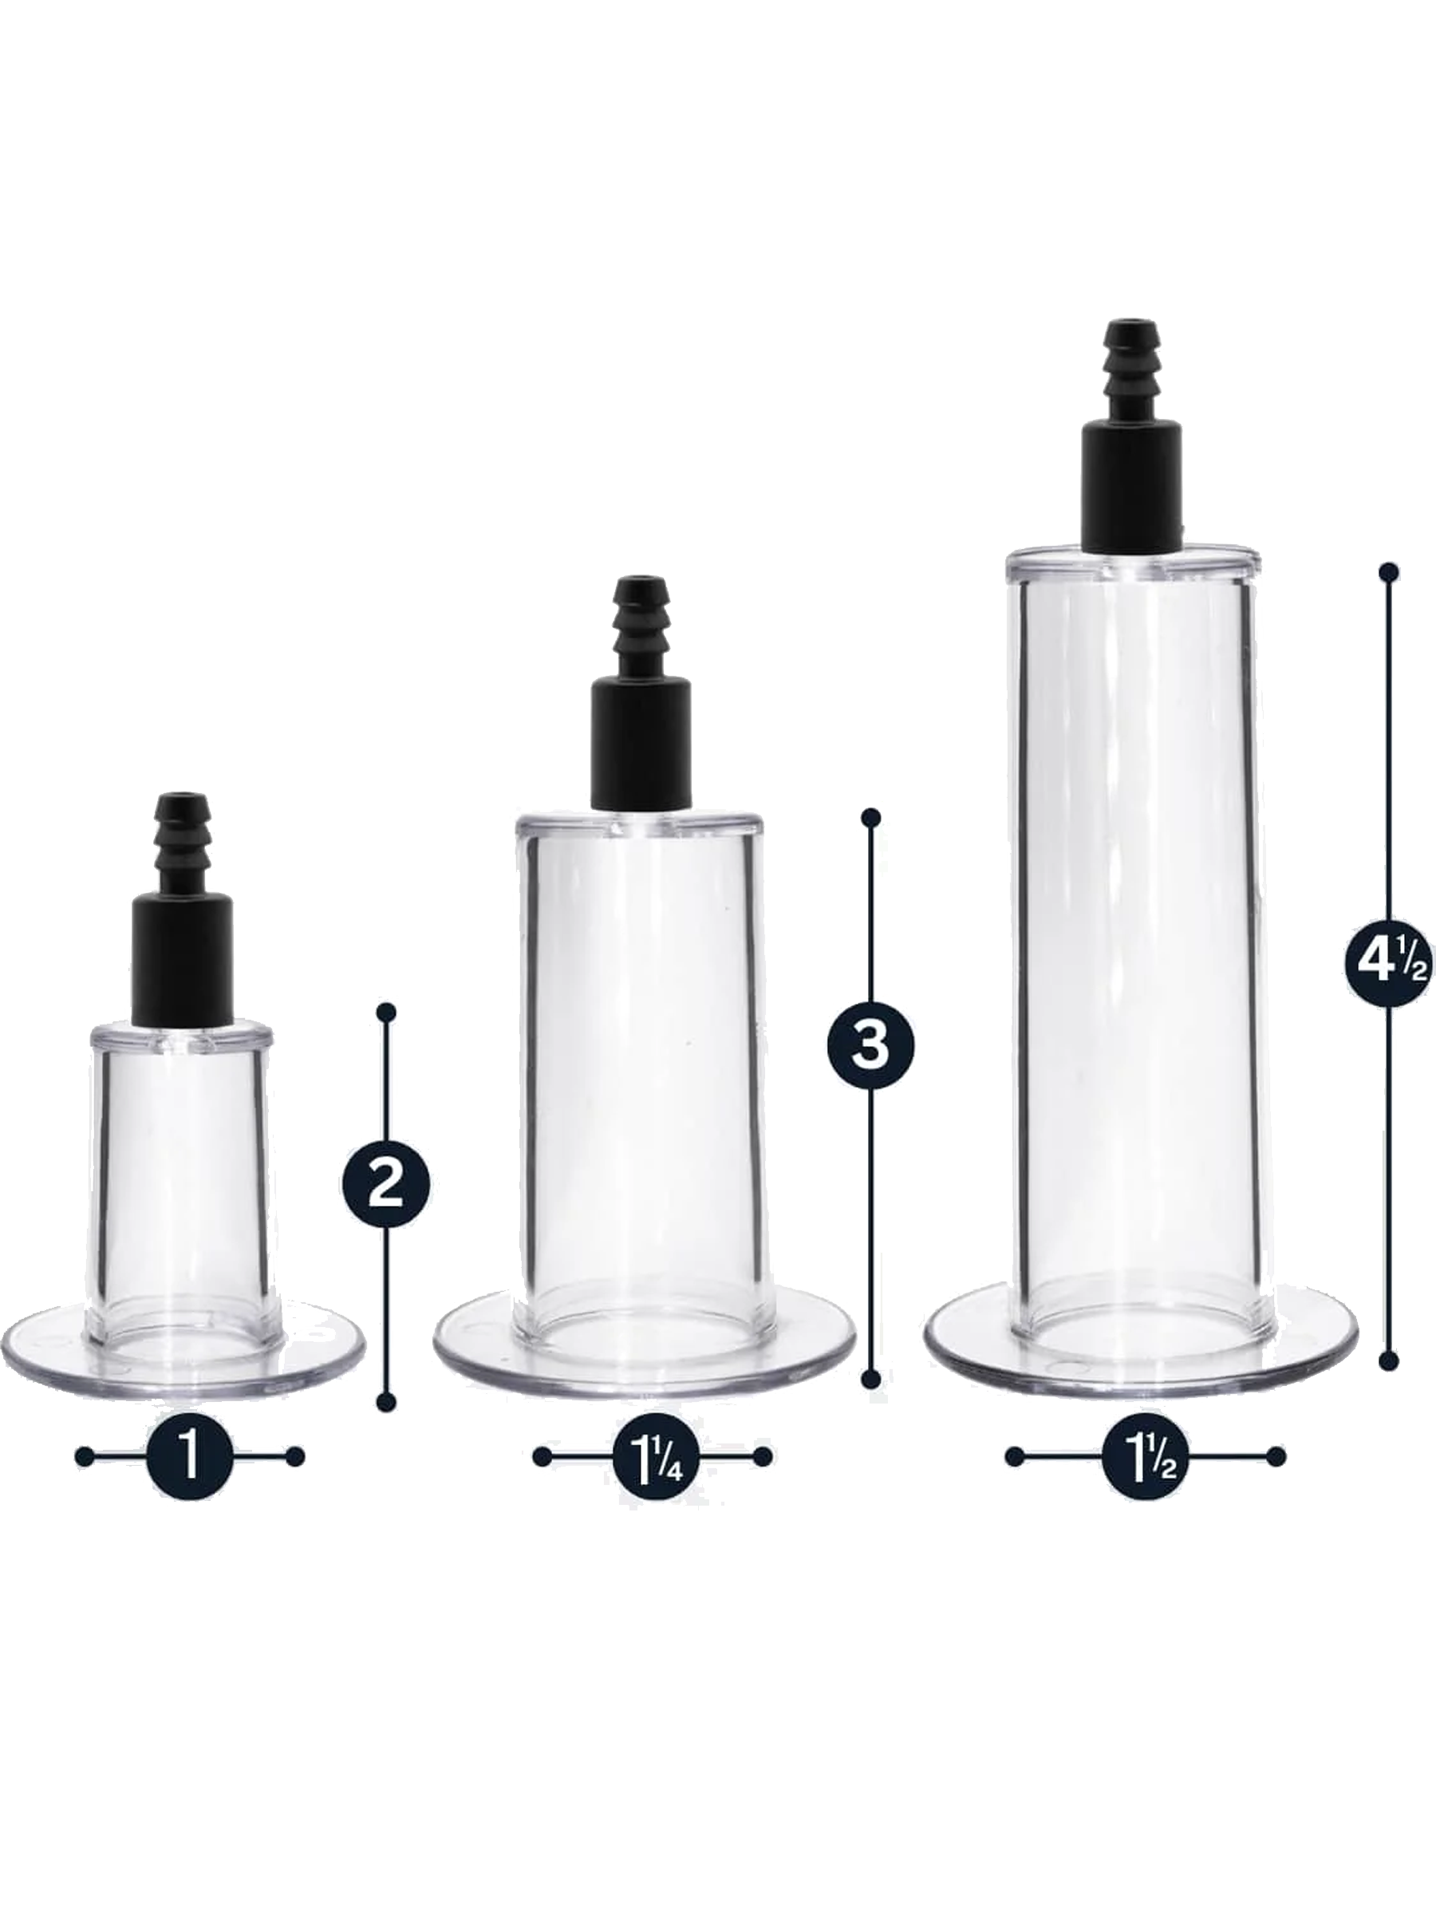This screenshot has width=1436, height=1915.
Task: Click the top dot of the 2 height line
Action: point(387,1012)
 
